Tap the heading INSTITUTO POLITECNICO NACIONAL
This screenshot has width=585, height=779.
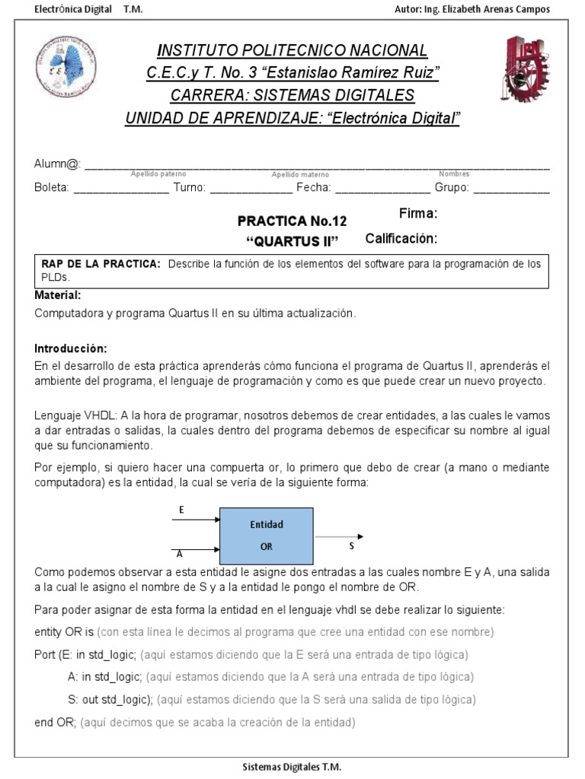292,50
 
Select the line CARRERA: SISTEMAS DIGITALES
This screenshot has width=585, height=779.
292,95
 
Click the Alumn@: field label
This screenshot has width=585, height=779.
57,164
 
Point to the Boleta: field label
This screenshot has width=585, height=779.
52,187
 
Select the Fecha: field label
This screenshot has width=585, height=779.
314,187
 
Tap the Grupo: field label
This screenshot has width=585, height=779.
452,187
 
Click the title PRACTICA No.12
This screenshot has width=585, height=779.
292,221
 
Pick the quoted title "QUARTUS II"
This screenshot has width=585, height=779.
292,243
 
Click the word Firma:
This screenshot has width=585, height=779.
417,213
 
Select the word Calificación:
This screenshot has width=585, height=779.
401,239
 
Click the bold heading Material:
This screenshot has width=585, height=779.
58,295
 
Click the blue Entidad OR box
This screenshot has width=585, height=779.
266,535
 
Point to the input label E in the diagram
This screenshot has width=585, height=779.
181,509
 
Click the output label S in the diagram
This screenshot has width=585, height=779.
351,546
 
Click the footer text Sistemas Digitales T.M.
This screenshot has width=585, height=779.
292,768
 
